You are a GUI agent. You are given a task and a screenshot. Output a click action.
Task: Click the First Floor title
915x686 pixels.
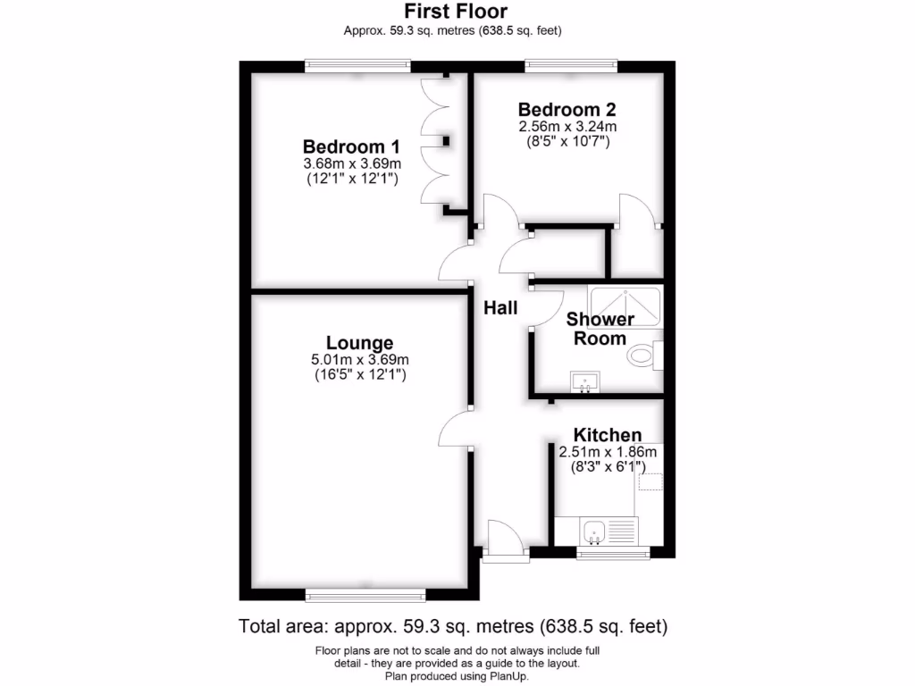coord(456,12)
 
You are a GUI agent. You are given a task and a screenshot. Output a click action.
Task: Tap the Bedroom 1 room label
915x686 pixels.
coord(351,146)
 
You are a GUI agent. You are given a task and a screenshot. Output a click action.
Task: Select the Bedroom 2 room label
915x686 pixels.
coord(567,110)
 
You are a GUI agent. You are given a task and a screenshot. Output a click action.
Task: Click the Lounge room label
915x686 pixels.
coord(359,343)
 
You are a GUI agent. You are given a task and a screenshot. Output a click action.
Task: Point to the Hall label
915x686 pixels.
coord(500,308)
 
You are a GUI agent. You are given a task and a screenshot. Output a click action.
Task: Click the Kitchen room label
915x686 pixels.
coord(607,435)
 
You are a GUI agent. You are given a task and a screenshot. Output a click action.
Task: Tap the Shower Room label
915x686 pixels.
coord(600,329)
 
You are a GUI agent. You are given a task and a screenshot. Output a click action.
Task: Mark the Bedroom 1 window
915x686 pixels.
coord(357,65)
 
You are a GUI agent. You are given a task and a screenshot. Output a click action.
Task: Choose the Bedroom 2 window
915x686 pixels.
coord(571,65)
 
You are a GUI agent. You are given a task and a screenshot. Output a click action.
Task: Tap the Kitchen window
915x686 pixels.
coord(613,554)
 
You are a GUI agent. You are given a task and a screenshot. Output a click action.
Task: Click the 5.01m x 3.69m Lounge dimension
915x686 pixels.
coord(359,360)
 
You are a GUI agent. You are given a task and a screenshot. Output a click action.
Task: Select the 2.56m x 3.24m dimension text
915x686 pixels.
coord(567,127)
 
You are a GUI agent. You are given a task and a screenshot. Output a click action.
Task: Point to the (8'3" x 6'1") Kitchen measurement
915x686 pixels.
coord(607,466)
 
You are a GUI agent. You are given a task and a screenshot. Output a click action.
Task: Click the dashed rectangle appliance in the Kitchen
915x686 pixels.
coord(651,482)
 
